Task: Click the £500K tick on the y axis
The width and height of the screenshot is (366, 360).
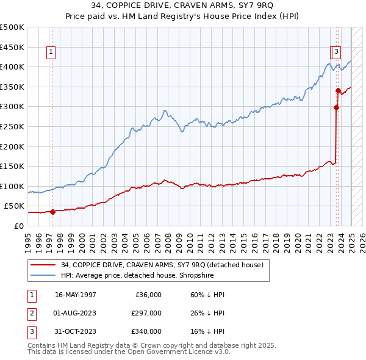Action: (x=12, y=27)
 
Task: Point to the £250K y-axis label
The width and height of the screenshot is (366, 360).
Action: (x=12, y=126)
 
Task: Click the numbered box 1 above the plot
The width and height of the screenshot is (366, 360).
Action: (x=51, y=52)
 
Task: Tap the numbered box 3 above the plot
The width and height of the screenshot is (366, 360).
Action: (x=337, y=52)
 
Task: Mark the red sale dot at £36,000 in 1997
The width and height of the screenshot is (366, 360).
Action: (x=52, y=212)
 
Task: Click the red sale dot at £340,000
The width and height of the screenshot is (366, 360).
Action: (x=338, y=91)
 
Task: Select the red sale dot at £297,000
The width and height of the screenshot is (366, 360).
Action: (x=336, y=108)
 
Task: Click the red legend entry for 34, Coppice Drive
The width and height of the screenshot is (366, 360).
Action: (x=162, y=265)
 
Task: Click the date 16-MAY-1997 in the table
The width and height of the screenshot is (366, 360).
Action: (x=76, y=295)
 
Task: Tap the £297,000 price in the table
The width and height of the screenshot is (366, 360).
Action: (x=146, y=313)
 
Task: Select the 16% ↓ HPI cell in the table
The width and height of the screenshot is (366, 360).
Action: (x=208, y=331)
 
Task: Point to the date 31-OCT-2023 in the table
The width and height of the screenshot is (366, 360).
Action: (x=76, y=331)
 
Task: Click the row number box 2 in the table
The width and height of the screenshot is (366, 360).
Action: (x=31, y=313)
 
